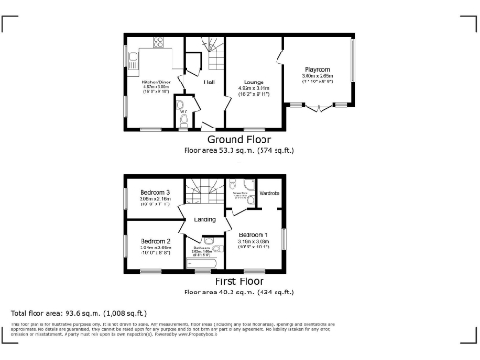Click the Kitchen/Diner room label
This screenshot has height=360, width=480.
(x=155, y=82)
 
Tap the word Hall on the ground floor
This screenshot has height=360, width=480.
(x=209, y=82)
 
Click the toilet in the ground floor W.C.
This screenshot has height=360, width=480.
(x=184, y=120)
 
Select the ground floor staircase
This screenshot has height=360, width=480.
(x=209, y=48)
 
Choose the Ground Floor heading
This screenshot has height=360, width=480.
(x=239, y=139)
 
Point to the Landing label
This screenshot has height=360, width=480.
(x=205, y=220)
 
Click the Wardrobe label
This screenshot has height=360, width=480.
(x=270, y=193)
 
